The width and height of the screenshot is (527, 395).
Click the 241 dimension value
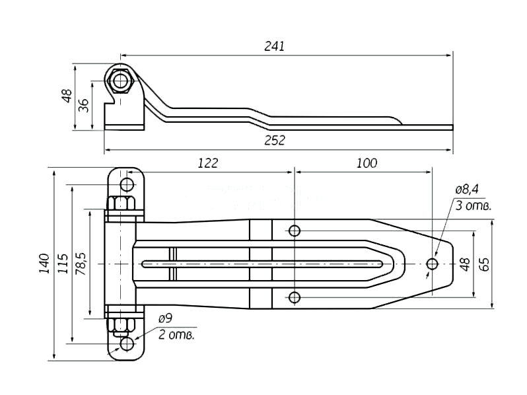tap(274, 46)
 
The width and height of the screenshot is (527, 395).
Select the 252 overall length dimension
tap(274, 140)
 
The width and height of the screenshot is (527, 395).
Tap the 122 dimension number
tap(208, 163)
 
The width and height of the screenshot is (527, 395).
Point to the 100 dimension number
tap(367, 163)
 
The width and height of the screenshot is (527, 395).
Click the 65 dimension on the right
tap(484, 264)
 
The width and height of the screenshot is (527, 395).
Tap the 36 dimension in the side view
tap(83, 105)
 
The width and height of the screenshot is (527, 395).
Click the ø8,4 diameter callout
tap(467, 190)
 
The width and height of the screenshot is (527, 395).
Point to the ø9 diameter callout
tap(165, 318)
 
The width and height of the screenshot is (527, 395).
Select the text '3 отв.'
tap(474, 205)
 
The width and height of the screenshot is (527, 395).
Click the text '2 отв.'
tap(176, 335)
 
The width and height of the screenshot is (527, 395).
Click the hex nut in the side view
tap(120, 81)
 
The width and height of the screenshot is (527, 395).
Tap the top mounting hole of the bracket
tap(127, 184)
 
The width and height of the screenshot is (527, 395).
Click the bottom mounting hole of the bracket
tap(127, 344)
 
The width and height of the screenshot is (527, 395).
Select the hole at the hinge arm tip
tap(432, 264)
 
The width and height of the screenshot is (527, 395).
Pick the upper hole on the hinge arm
tap(295, 231)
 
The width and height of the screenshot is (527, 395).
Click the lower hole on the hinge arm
tap(295, 297)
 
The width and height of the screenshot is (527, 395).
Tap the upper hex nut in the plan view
tap(121, 203)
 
